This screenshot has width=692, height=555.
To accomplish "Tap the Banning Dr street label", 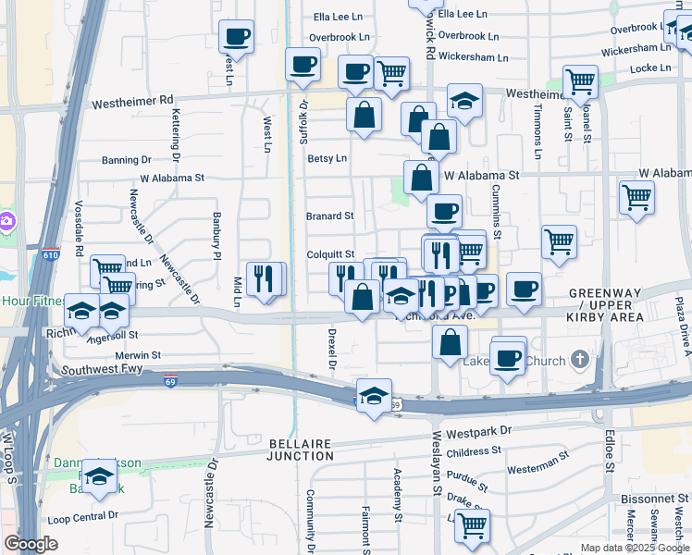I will (119, 160).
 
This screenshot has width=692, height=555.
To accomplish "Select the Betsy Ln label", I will (327, 158).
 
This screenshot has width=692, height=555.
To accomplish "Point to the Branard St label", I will (330, 216).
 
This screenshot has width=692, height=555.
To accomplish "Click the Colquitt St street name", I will (330, 254).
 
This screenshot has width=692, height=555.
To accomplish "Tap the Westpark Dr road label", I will (478, 431).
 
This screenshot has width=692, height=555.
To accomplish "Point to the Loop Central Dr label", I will (83, 515).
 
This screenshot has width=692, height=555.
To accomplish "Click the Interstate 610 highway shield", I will (50, 253).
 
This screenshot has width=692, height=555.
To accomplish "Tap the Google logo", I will (31, 544).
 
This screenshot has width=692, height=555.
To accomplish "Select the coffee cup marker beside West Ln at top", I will (236, 38).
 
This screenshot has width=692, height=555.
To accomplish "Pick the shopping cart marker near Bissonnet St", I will (472, 525).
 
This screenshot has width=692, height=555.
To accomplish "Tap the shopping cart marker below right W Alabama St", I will (636, 197).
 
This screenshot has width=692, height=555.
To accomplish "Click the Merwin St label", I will (139, 354).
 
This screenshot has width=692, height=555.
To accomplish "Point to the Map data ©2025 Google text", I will (634, 548).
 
